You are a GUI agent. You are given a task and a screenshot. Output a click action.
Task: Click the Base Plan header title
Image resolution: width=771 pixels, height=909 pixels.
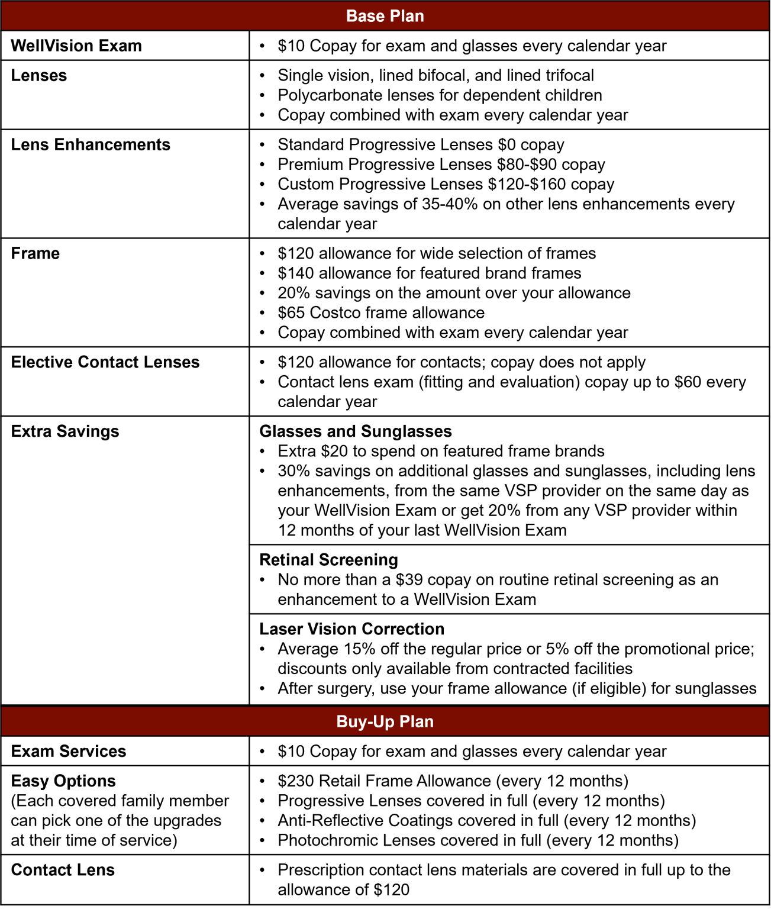385,16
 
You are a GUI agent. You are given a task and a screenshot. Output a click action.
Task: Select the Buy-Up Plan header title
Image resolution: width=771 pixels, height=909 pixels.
385,721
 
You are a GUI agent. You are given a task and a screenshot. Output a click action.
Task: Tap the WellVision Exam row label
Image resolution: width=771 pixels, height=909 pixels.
76,46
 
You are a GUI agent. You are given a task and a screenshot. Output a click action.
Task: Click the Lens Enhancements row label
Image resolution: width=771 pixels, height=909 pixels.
91,144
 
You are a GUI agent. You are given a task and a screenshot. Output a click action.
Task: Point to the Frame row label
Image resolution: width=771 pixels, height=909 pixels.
36,253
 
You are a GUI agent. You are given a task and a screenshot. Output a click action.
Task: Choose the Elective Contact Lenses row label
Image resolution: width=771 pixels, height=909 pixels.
105,362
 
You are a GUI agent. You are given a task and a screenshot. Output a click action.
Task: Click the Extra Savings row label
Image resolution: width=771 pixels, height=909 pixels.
65,431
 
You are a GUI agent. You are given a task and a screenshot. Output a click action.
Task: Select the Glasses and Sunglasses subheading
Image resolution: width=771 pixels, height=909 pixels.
355,431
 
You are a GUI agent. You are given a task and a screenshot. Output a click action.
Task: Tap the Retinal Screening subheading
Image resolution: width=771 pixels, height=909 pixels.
328,560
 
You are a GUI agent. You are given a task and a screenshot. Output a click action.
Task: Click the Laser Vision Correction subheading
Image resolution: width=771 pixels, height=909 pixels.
351,629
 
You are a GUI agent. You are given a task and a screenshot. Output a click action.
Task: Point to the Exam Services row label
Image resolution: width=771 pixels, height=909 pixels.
69,752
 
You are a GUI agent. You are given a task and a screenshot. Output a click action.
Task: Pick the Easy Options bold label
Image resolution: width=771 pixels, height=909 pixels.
63,781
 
